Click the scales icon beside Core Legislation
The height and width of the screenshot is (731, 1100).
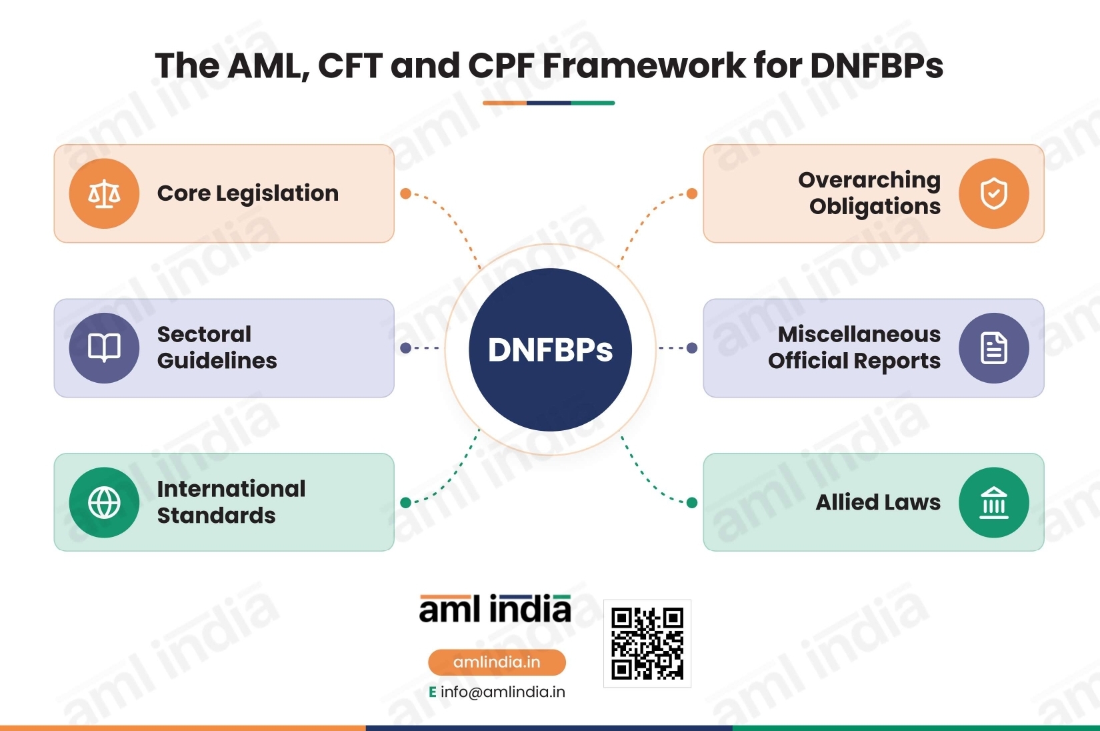(x=104, y=193)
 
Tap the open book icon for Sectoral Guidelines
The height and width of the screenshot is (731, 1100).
(x=104, y=347)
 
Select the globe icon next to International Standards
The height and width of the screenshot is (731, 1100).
(x=104, y=503)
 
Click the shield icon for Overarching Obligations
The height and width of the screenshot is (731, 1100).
(x=993, y=193)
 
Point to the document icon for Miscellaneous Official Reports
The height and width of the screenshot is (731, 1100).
(x=993, y=348)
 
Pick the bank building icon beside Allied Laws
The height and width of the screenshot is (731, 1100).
(x=993, y=503)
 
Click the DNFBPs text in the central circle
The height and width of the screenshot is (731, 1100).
(x=550, y=350)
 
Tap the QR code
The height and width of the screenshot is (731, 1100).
(x=647, y=644)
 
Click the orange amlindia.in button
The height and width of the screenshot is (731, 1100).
(x=497, y=662)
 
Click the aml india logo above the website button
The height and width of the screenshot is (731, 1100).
(x=495, y=609)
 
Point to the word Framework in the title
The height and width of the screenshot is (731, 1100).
(x=644, y=65)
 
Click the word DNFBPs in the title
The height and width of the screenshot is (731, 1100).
(x=877, y=65)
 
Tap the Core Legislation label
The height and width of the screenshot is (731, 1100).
(x=248, y=193)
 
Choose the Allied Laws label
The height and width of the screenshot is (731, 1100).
(x=878, y=503)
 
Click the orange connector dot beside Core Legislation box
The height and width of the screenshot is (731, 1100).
(x=405, y=193)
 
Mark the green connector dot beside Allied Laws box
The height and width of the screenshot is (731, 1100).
(x=692, y=503)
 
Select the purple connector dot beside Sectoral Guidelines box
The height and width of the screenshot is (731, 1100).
(x=405, y=347)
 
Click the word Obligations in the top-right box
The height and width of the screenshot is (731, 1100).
(x=875, y=207)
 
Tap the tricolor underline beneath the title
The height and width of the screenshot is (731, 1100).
(x=549, y=103)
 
